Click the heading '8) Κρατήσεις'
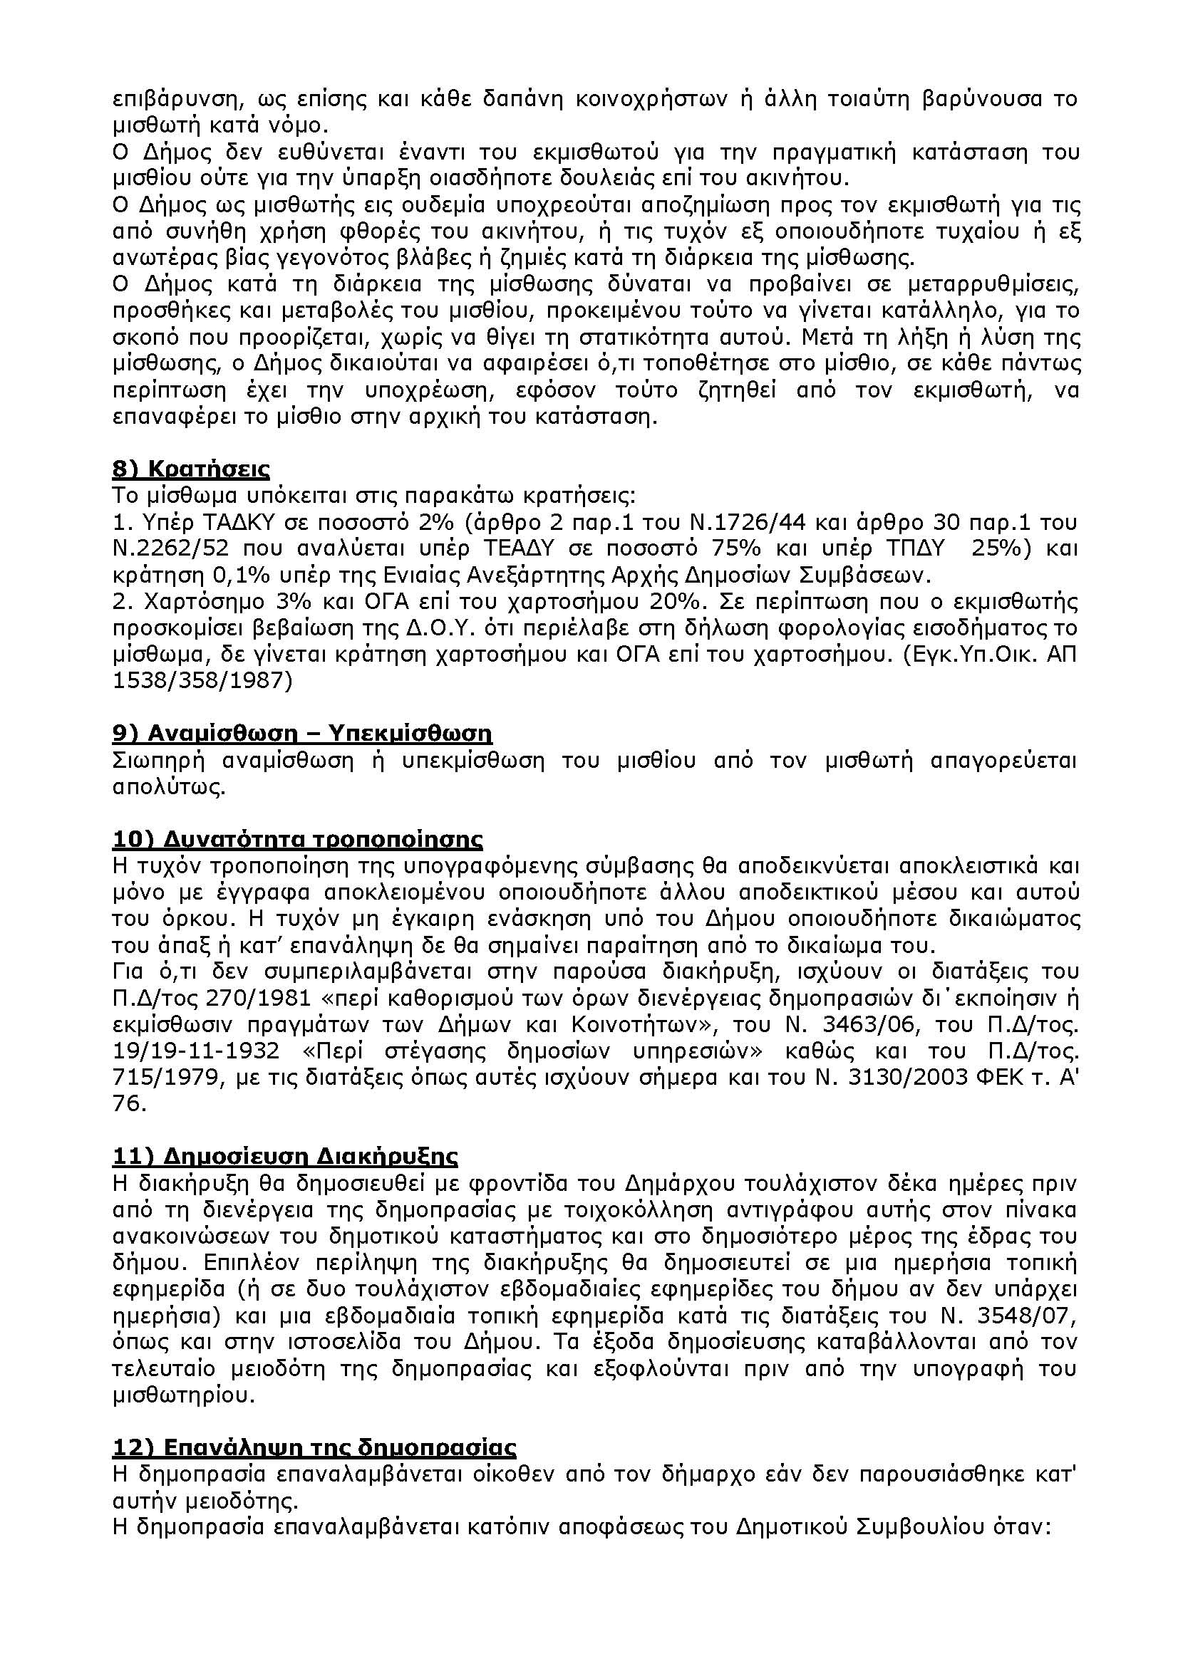click(190, 469)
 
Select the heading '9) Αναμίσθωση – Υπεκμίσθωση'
click(302, 734)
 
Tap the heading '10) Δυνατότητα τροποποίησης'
click(298, 840)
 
